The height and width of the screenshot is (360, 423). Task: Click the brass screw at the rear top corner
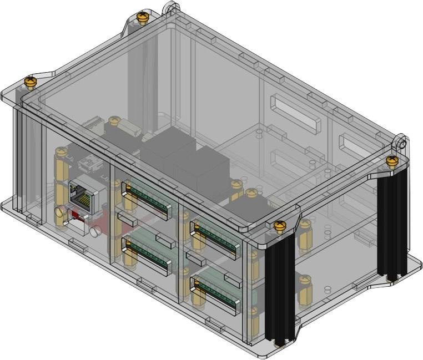[x=143, y=17]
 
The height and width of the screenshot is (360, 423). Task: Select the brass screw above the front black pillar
[x=280, y=226]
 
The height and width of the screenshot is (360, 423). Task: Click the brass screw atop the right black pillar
[x=392, y=161]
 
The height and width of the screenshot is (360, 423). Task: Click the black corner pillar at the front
[x=280, y=288]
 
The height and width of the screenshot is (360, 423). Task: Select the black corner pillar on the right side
[x=394, y=222]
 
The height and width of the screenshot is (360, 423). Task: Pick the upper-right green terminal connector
[x=214, y=234]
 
